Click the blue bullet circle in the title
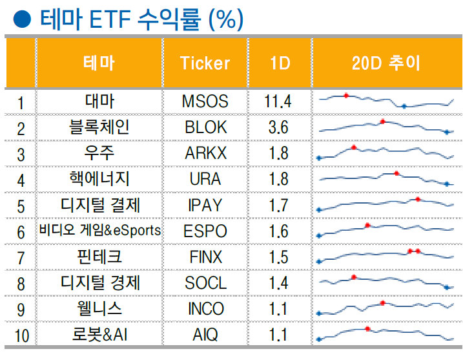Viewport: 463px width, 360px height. pos(23,19)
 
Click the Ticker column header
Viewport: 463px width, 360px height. pos(205,63)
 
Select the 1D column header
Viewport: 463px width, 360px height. pos(279,63)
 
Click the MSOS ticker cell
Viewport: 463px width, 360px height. pos(205,101)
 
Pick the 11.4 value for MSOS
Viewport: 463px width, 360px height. pos(278,101)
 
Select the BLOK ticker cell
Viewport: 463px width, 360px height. pos(205,127)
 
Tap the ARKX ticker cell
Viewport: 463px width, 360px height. pos(205,153)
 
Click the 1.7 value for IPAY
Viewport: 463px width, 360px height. pos(278,206)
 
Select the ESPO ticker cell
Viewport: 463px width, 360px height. pos(205,231)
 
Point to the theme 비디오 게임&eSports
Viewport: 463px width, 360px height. pos(100,231)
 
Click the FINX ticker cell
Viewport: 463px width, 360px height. pos(205,257)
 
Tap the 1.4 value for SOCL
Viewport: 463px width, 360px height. pos(278,283)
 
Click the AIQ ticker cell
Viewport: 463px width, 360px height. pos(205,335)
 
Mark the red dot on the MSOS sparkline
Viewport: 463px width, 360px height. pos(346,96)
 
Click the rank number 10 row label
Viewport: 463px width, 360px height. pos(21,336)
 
